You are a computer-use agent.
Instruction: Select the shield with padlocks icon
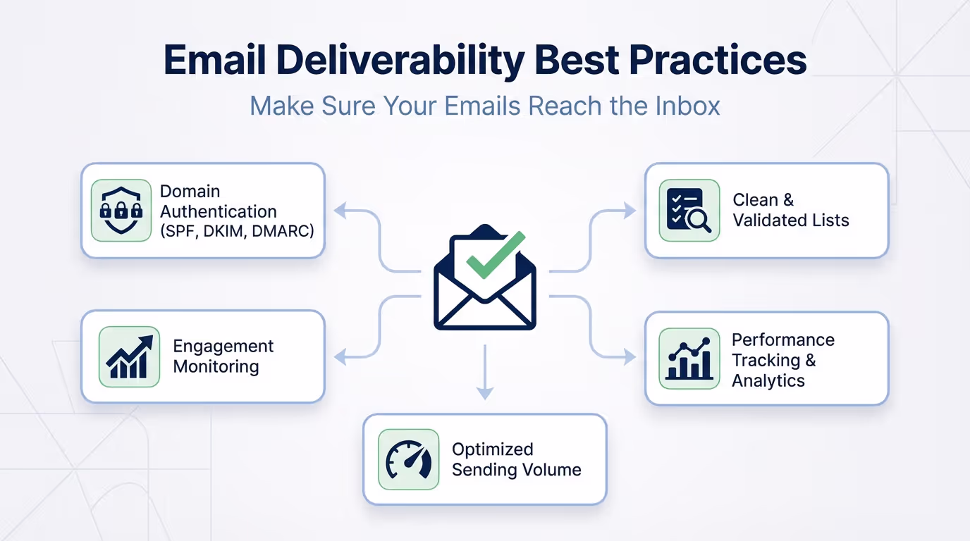click(121, 210)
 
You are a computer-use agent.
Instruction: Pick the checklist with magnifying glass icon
click(689, 210)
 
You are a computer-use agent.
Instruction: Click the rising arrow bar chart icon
click(130, 356)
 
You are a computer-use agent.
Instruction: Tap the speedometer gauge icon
click(409, 460)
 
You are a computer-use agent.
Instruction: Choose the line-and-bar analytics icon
click(689, 359)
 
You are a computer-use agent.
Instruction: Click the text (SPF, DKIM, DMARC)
click(237, 231)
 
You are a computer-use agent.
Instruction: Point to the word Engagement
click(223, 347)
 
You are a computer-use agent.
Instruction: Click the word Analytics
click(768, 381)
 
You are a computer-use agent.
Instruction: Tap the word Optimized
click(492, 449)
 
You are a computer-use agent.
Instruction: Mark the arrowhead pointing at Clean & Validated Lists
click(629, 210)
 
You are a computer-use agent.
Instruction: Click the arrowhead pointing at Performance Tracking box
click(629, 358)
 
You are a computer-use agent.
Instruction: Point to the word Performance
click(782, 340)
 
